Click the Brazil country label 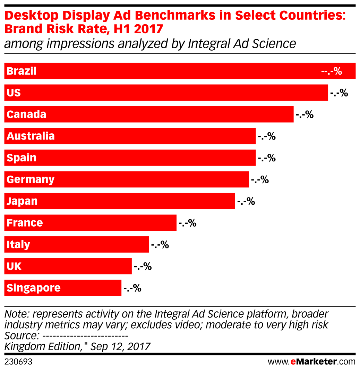22,71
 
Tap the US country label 14,93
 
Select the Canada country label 26,115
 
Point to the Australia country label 31,136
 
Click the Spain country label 22,158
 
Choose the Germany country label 31,179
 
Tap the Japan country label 22,201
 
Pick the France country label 25,223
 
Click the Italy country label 18,245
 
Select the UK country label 14,266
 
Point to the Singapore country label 34,288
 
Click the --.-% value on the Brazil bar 332,71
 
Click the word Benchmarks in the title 177,16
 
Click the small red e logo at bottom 293,362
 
